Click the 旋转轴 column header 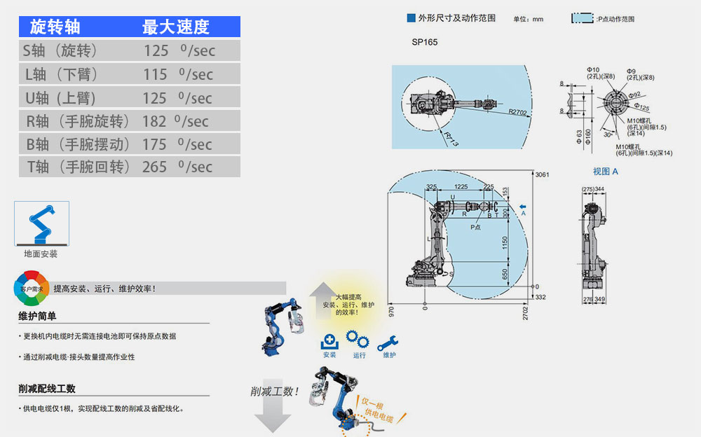click(x=55, y=27)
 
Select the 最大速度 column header click(x=175, y=27)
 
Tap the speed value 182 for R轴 click(x=154, y=121)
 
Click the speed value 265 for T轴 click(x=155, y=167)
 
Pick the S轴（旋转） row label click(x=60, y=50)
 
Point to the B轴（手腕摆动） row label click(x=78, y=144)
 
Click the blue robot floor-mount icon click(x=41, y=223)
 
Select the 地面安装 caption click(x=41, y=254)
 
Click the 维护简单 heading click(x=37, y=317)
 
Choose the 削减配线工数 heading click(x=47, y=389)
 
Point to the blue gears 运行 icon click(x=359, y=341)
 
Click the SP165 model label click(x=425, y=42)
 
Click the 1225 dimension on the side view click(x=461, y=187)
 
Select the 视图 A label click(x=606, y=171)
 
